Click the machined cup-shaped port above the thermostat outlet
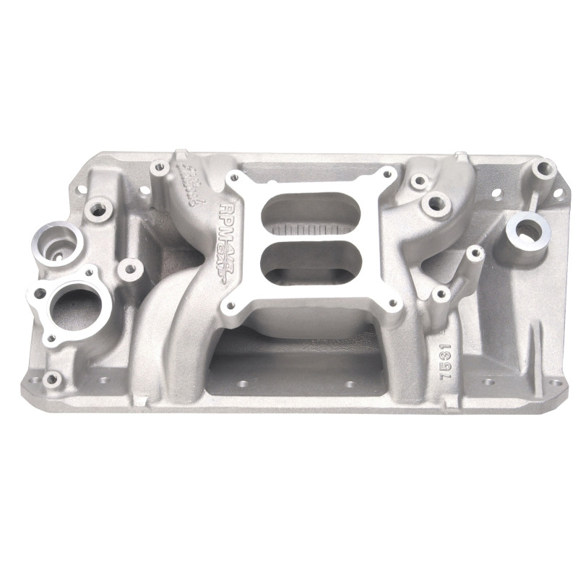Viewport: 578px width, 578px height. click(56, 238)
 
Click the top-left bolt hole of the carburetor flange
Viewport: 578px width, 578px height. click(233, 178)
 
